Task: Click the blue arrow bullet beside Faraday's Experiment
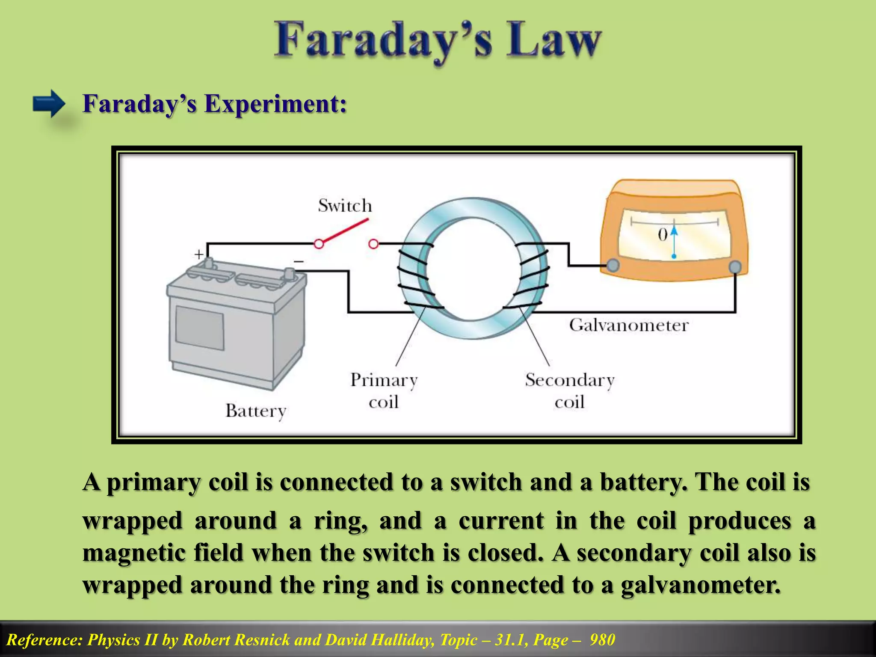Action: pos(49,104)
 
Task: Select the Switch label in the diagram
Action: pos(345,206)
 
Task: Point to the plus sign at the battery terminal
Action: pos(199,255)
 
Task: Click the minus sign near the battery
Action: pos(299,261)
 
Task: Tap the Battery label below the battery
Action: pos(255,411)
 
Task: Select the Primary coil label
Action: pos(384,391)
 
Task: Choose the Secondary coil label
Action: pos(569,391)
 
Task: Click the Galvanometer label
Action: pos(628,325)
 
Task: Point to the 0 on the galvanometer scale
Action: pos(663,234)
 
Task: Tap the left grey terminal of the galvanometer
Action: pos(613,265)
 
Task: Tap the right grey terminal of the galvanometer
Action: pos(734,267)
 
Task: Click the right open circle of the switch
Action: pos(373,244)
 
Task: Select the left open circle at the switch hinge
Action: pos(319,244)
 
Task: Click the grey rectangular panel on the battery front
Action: pos(200,327)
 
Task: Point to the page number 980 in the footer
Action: pos(602,640)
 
